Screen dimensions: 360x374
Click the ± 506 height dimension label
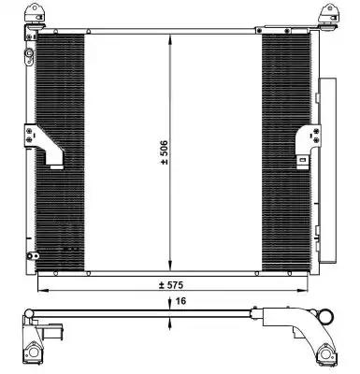pos(165,152)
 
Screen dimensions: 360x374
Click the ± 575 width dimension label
pos(171,285)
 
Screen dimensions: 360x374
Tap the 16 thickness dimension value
pos(180,301)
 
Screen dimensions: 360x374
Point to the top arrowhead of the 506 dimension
pos(170,40)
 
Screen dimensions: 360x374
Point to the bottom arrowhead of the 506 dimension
pos(170,266)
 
